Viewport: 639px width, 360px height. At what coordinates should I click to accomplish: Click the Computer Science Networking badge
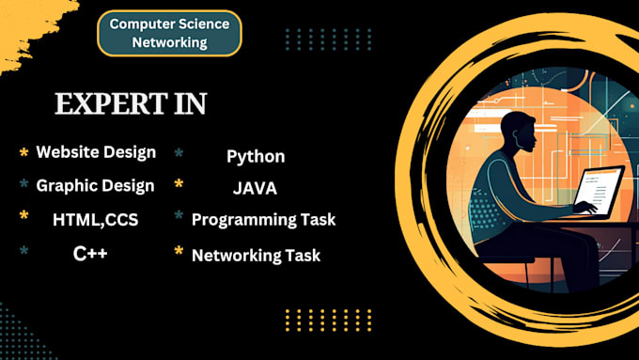(169, 33)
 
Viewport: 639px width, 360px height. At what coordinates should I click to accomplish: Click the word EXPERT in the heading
(111, 103)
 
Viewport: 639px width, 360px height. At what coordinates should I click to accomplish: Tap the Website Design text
(96, 152)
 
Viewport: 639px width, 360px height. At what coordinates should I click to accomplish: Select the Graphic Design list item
(95, 186)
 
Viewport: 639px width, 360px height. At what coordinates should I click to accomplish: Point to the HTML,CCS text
(95, 220)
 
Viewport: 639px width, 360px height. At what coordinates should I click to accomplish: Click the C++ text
(90, 254)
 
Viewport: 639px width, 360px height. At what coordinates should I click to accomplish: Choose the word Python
(256, 157)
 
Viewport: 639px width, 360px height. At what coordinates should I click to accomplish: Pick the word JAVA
(255, 188)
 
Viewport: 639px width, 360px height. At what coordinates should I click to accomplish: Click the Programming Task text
(264, 220)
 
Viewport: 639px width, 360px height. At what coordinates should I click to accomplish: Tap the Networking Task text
(256, 256)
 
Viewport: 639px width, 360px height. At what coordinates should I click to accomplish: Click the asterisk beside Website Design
(24, 153)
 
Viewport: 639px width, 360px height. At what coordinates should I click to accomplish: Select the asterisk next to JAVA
(179, 184)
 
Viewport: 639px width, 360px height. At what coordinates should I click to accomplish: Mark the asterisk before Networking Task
(179, 251)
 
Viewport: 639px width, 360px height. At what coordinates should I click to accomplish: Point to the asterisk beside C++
(24, 250)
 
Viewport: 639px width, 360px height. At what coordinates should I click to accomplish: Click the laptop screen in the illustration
(600, 191)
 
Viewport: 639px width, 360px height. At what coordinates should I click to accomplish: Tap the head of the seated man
(519, 132)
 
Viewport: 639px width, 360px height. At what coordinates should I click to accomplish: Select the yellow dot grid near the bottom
(329, 320)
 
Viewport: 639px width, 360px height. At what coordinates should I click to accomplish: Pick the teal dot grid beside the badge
(329, 39)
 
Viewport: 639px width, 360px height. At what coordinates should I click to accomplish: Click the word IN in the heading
(191, 103)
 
